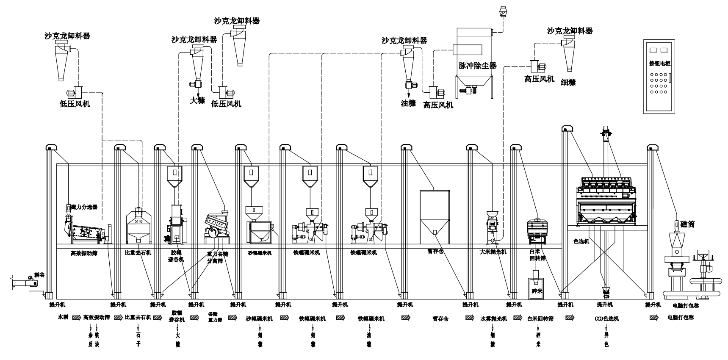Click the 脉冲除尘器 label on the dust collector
[477, 66]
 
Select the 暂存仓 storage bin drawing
[435, 216]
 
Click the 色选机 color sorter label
[581, 241]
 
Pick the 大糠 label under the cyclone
[197, 100]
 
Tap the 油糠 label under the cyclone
[408, 103]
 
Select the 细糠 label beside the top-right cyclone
[568, 82]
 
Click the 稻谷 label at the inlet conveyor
[39, 274]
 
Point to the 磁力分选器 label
[84, 207]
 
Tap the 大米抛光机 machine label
[493, 252]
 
